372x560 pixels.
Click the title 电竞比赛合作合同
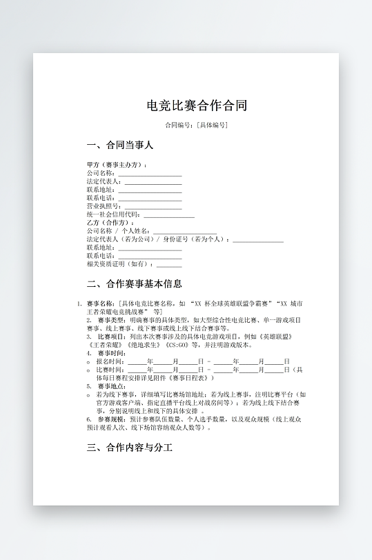[x=197, y=106]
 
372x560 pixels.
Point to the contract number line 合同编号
[x=197, y=125]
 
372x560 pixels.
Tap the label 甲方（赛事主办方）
[x=116, y=166]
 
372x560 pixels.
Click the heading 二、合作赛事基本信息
[x=135, y=283]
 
